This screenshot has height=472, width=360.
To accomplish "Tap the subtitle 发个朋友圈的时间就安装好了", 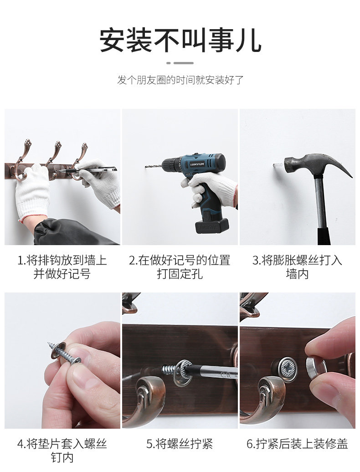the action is coord(180,80).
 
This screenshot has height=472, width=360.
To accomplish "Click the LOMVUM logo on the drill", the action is coord(197,164).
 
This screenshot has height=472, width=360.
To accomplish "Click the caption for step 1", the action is coord(62,267).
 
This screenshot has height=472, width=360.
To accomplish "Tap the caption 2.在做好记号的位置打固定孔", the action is coord(180,267).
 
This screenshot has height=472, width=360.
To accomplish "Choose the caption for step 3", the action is coord(297,267).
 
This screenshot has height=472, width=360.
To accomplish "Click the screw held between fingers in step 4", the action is coord(64,352).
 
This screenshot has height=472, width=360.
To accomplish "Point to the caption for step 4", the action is coord(62,451).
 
